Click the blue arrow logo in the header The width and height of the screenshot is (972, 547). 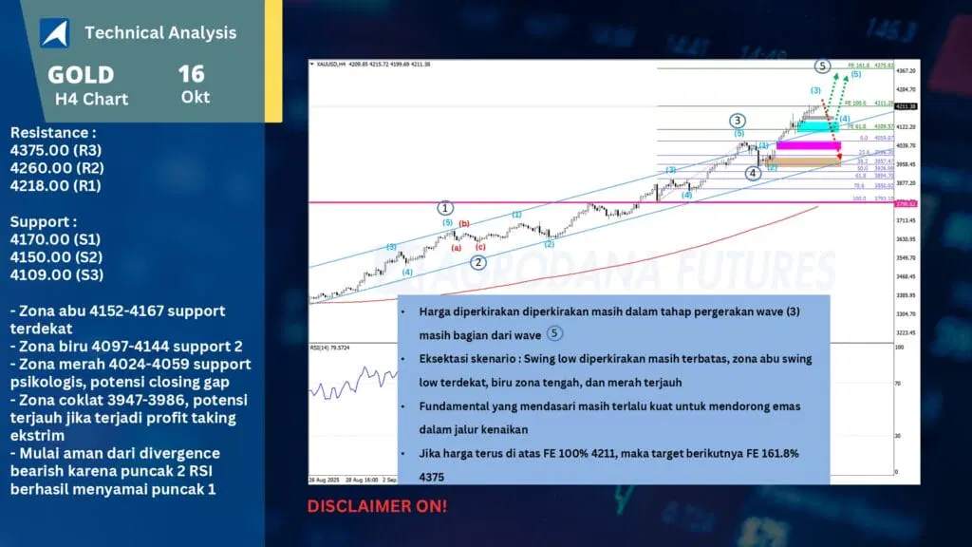pyautogui.click(x=54, y=32)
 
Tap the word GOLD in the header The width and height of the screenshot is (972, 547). pyautogui.click(x=81, y=75)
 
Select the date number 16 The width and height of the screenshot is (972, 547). pyautogui.click(x=191, y=74)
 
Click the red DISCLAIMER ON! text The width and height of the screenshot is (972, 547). pyautogui.click(x=377, y=506)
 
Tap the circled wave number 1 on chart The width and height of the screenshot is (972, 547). pyautogui.click(x=445, y=208)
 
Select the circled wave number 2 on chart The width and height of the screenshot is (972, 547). pyautogui.click(x=478, y=262)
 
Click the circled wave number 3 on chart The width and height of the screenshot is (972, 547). pyautogui.click(x=737, y=120)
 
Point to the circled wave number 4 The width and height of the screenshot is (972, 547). pyautogui.click(x=753, y=173)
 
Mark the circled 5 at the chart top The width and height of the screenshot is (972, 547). pyautogui.click(x=823, y=66)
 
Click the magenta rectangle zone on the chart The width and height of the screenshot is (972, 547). pyautogui.click(x=808, y=145)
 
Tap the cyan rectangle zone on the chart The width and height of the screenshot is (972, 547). pyautogui.click(x=813, y=125)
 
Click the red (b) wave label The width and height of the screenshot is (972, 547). pyautogui.click(x=464, y=224)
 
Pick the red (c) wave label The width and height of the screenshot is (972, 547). pyautogui.click(x=480, y=247)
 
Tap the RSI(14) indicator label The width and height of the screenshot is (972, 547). pyautogui.click(x=327, y=348)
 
